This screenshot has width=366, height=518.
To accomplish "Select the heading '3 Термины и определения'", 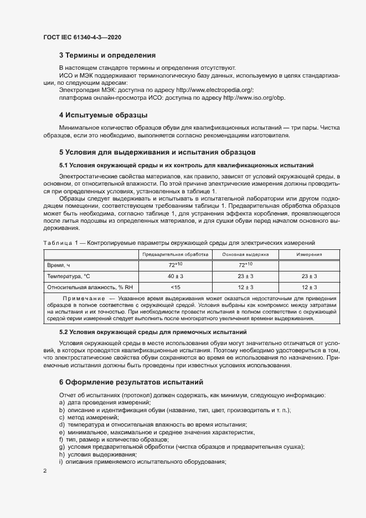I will tap(107, 55).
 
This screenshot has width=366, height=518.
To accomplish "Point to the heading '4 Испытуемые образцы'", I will tap(102, 115).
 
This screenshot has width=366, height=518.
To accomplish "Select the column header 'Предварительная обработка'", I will tap(175, 254).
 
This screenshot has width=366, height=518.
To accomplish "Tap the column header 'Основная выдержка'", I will tap(245, 254).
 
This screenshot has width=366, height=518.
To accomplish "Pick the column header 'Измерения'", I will tap(308, 254).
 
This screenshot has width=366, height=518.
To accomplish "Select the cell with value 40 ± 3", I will tap(175, 276).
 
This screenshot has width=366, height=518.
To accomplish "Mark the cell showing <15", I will tap(175, 287).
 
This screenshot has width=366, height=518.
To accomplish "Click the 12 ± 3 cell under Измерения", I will tap(309, 287).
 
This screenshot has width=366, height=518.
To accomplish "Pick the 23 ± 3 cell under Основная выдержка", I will tap(245, 276).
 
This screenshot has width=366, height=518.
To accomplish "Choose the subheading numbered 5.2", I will tap(161, 332).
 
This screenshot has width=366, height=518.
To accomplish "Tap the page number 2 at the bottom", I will tap(44, 471).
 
